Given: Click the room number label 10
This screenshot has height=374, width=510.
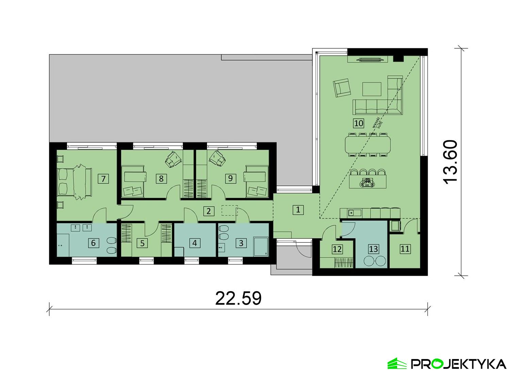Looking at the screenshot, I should (359, 123).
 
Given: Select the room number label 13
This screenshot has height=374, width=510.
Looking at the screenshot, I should (373, 249).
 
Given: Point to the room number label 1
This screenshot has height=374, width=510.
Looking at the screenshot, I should (298, 209).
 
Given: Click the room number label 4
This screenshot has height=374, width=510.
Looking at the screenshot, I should (194, 243).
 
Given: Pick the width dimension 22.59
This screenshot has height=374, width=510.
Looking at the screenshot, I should (238, 298).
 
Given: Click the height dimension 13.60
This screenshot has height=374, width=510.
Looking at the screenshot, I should (451, 162).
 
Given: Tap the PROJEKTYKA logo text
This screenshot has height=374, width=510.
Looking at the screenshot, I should (459, 364).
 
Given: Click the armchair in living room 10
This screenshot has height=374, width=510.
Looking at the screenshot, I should (341, 88).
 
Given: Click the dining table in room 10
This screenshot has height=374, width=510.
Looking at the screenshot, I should (368, 145).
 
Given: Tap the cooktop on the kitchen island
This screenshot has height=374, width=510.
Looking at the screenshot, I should (367, 183).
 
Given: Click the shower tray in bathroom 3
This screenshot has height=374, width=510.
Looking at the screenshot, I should (261, 247).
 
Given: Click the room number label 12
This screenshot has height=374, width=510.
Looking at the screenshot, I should (337, 249).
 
